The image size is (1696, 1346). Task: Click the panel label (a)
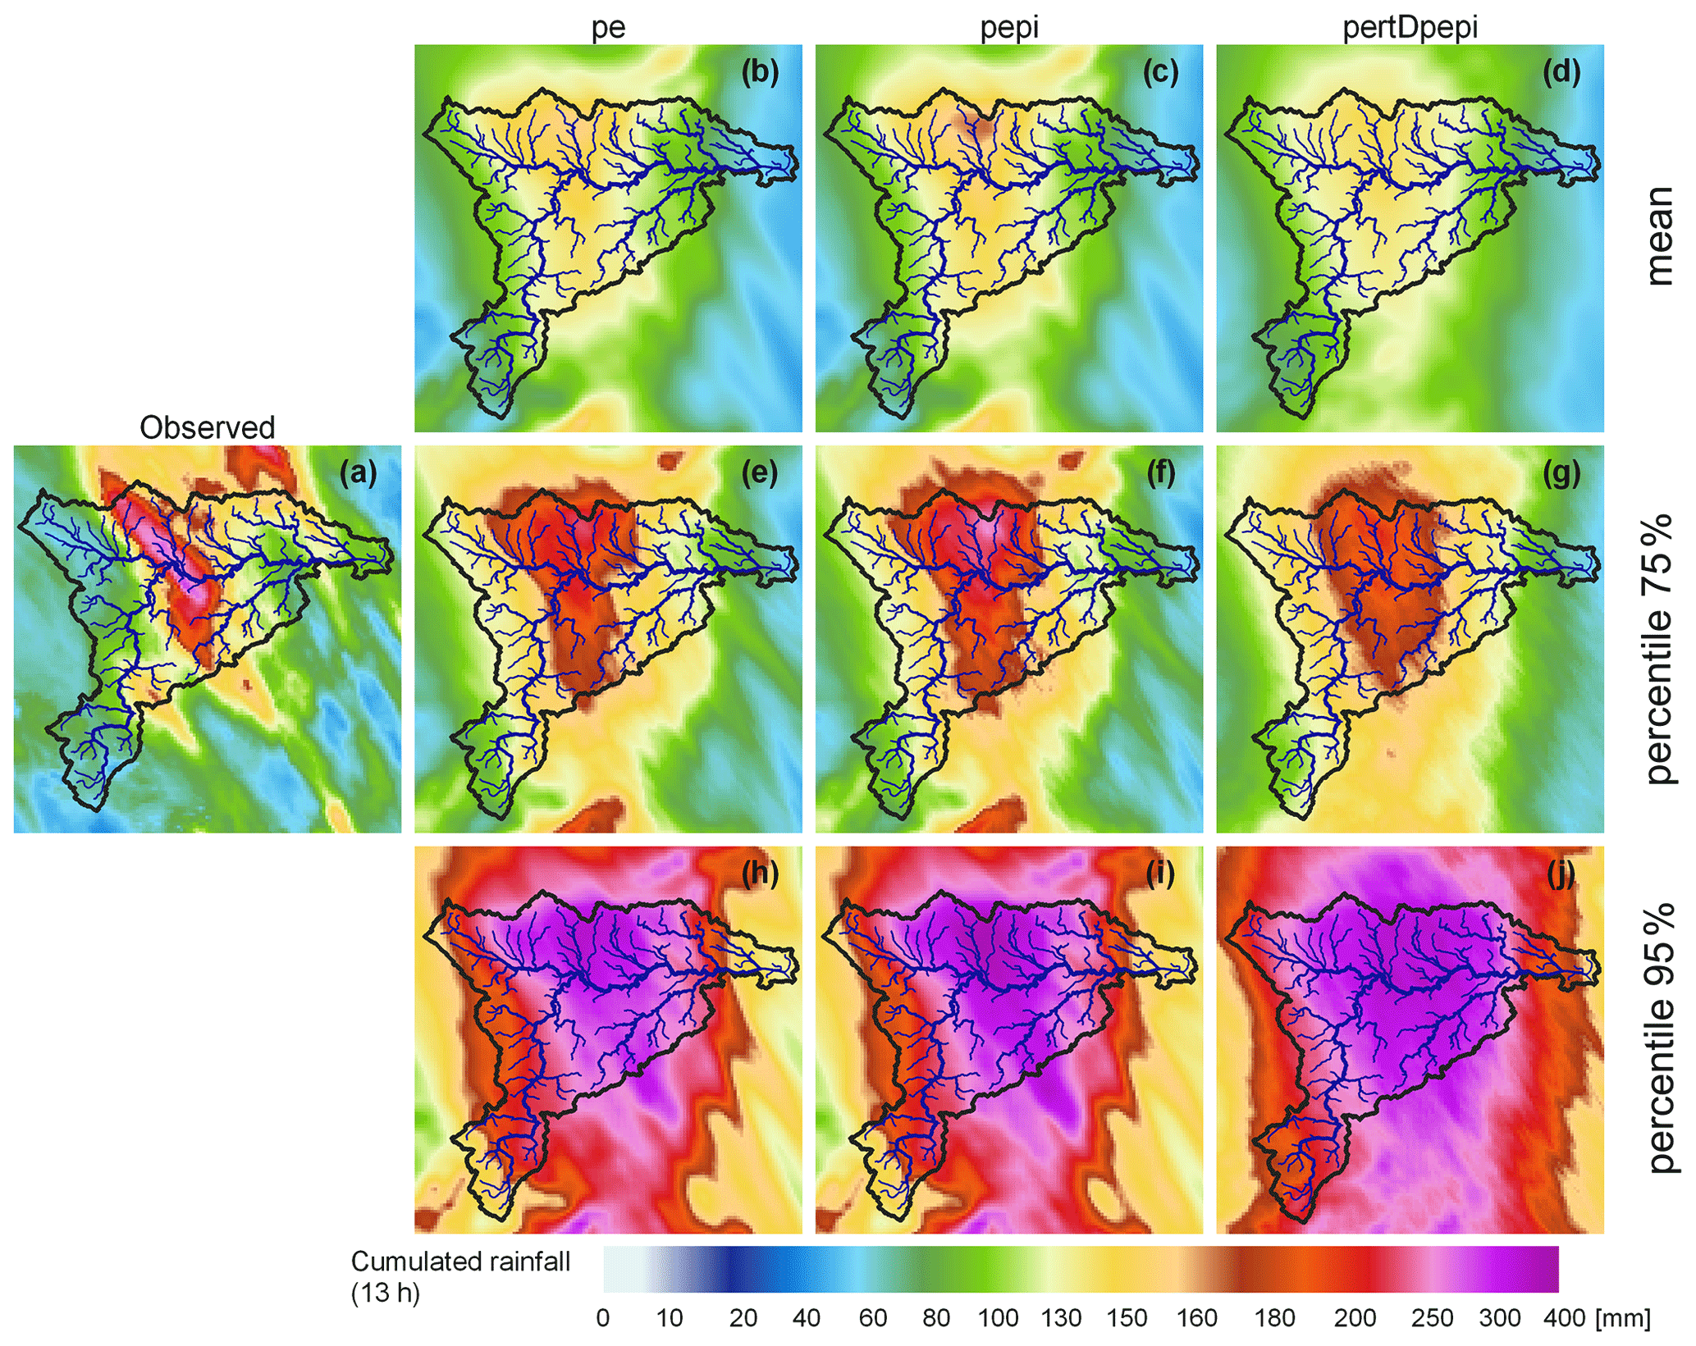359,473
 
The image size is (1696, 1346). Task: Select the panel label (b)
760,72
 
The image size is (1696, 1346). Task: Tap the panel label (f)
1160,473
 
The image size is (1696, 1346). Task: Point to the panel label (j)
1561,874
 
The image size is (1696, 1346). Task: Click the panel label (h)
760,874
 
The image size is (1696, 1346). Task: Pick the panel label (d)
1561,72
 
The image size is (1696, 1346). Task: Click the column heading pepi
1009,27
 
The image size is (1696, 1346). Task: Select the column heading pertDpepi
1410,27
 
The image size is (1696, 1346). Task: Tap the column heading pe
608,27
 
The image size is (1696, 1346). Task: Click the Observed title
207,427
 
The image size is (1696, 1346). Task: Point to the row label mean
1658,236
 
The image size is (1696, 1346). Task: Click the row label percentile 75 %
1658,648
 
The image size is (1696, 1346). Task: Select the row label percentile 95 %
1658,1038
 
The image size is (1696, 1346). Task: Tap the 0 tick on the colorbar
603,1318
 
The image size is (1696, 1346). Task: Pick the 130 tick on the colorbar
1061,1318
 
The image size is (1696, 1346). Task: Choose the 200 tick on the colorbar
1355,1318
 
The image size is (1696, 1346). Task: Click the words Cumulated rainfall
460,1262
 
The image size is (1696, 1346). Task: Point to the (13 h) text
385,1294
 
